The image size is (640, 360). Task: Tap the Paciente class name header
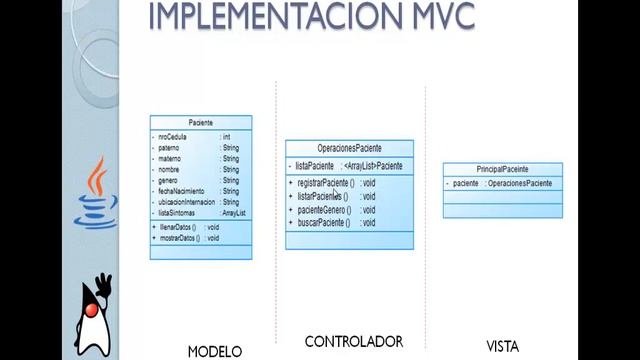[200, 122]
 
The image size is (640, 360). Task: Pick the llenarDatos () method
[179, 228]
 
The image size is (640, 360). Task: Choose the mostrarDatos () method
[180, 239]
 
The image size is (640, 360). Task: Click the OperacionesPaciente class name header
[349, 148]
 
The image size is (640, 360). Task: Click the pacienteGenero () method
[322, 210]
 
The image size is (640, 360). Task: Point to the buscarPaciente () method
[322, 223]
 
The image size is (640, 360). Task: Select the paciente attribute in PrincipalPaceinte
[466, 184]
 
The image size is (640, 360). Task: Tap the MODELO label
[215, 351]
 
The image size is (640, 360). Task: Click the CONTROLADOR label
[353, 341]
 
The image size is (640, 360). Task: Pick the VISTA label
[502, 347]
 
